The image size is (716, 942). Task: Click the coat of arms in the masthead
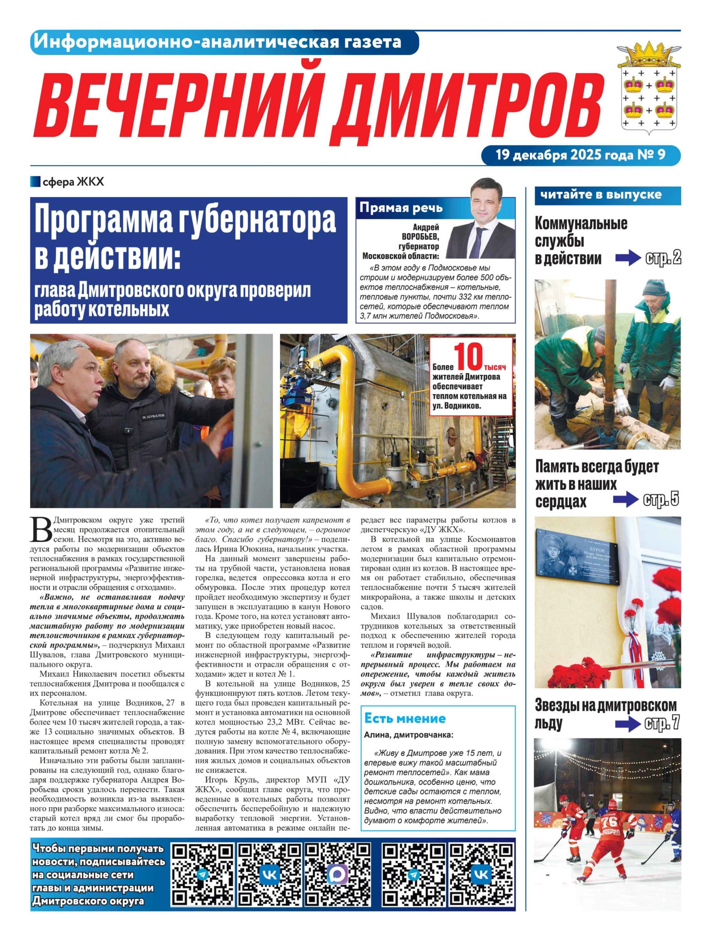point(649,87)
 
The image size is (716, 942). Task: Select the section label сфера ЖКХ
point(72,182)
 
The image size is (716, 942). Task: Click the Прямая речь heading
point(401,208)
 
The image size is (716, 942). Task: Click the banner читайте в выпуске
point(601,195)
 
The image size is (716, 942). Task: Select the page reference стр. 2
point(663,258)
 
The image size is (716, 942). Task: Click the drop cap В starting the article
point(41,530)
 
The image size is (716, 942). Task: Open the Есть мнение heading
point(404,718)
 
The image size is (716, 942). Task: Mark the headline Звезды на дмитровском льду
point(605,714)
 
